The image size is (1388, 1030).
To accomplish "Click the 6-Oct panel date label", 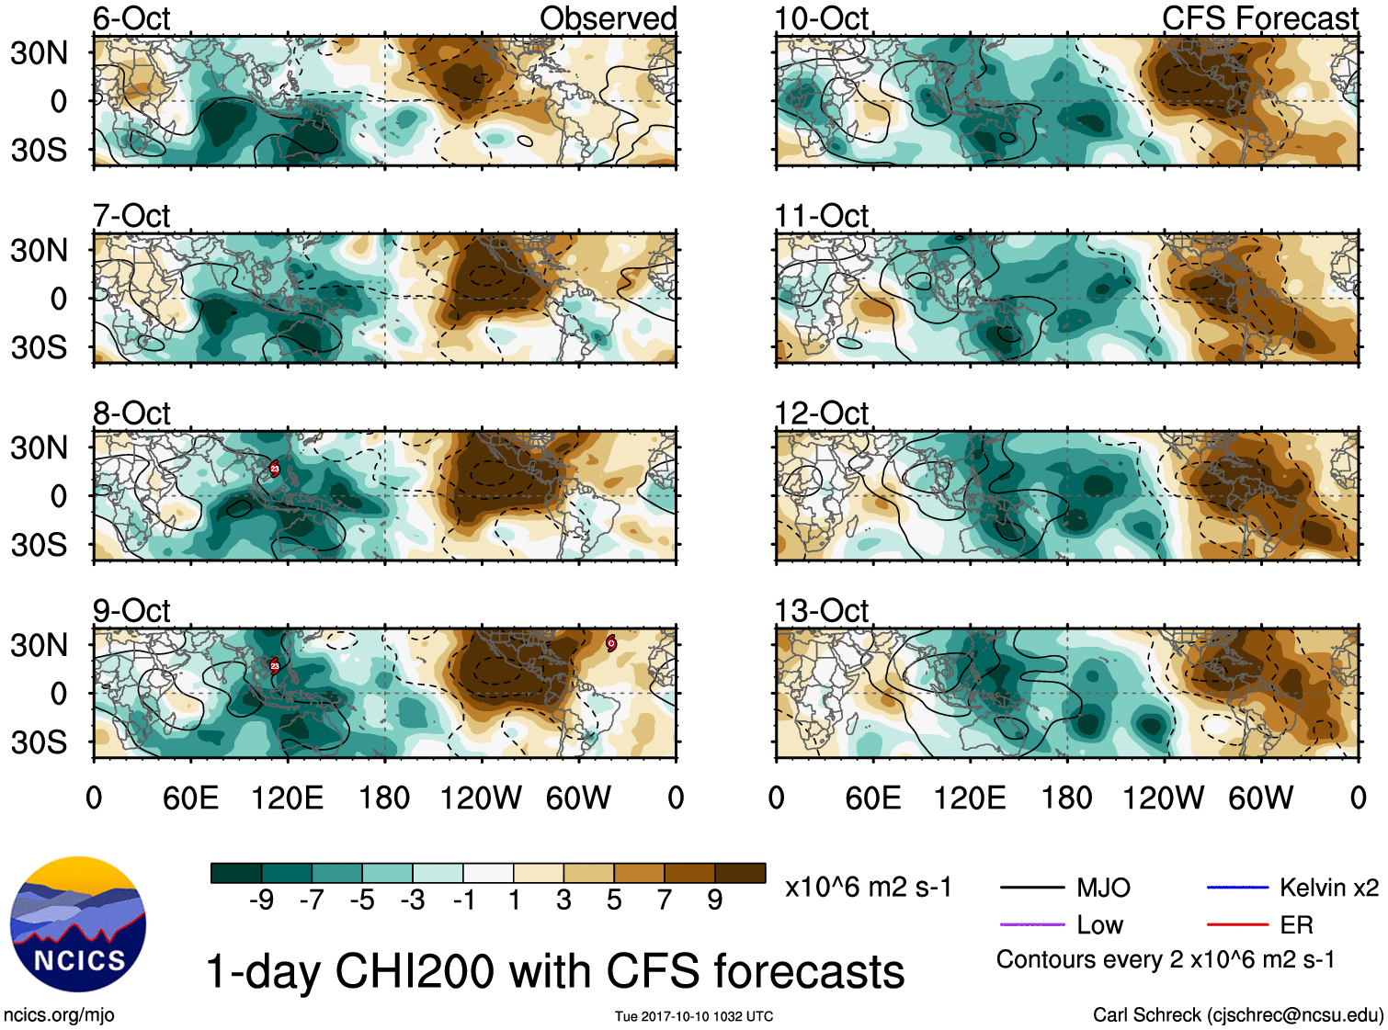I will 131,17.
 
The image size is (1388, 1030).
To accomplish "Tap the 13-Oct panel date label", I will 821,610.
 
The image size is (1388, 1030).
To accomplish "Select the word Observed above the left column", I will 608,17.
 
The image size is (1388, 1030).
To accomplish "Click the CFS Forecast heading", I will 1259,17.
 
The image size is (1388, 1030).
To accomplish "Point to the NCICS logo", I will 78,923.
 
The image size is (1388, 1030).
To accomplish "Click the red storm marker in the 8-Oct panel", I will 274,469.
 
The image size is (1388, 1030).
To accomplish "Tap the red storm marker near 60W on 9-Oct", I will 611,643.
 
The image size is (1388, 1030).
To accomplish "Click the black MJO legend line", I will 1031,888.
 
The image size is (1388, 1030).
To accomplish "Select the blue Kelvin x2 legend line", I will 1237,888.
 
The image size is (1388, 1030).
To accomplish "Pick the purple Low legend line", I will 1031,925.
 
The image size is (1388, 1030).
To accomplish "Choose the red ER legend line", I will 1237,925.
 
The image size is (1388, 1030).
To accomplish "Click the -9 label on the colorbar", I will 261,900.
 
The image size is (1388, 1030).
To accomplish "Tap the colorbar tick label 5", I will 614,900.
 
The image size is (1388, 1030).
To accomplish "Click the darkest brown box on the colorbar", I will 740,873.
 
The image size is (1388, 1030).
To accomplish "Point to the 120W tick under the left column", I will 480,798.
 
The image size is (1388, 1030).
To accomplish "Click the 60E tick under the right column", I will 872,798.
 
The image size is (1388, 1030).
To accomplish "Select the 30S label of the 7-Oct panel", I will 39,347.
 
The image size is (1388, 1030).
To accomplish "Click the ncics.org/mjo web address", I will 59,1014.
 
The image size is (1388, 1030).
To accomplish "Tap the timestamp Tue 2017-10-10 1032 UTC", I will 694,1016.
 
